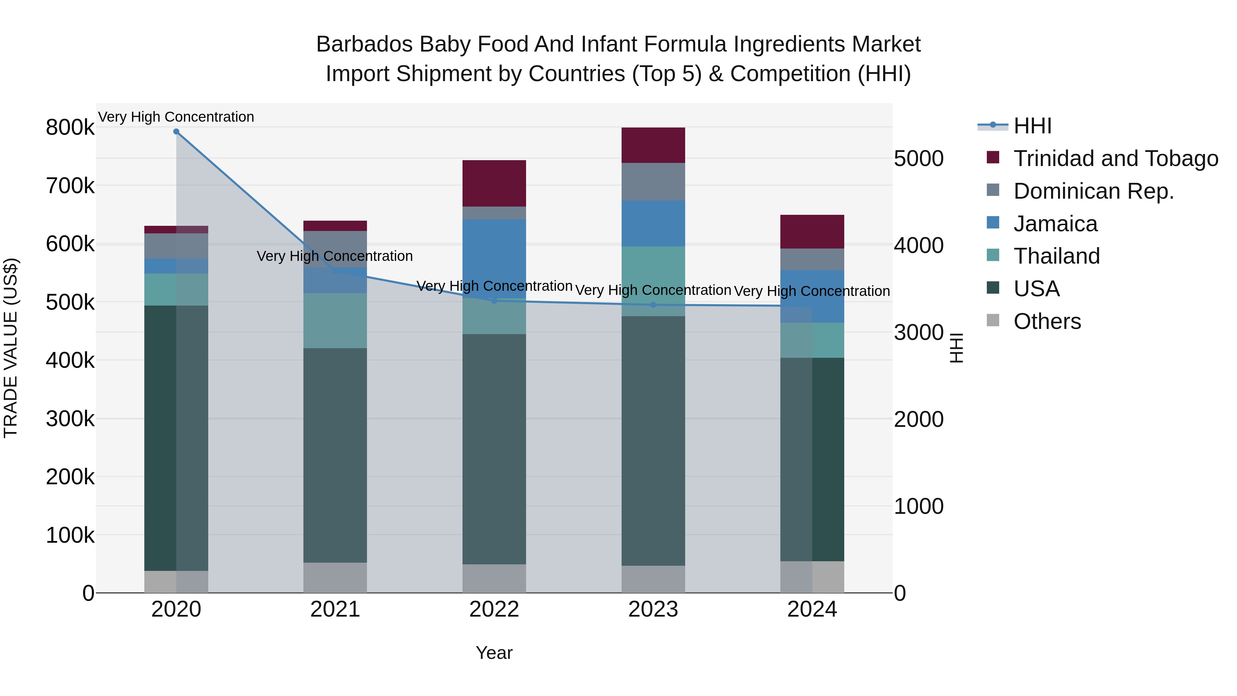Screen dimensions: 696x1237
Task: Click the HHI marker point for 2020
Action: point(176,132)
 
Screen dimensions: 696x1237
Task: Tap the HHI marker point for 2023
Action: point(653,305)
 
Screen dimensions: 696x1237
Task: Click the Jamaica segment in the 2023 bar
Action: point(653,223)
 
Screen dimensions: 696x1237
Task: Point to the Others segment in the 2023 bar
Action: point(653,579)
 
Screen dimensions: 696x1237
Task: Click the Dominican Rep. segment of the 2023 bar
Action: point(653,181)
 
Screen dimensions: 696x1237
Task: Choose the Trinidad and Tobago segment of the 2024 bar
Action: point(812,232)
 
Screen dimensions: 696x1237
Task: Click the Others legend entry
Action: point(1047,321)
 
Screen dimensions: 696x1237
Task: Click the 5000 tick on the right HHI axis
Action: point(918,158)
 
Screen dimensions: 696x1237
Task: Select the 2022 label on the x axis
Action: point(494,609)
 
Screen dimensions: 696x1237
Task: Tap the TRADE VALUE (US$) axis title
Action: point(11,348)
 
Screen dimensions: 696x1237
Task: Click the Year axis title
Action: point(494,653)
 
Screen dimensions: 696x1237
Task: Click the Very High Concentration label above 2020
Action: point(176,117)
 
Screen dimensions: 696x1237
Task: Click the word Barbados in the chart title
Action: point(365,44)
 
